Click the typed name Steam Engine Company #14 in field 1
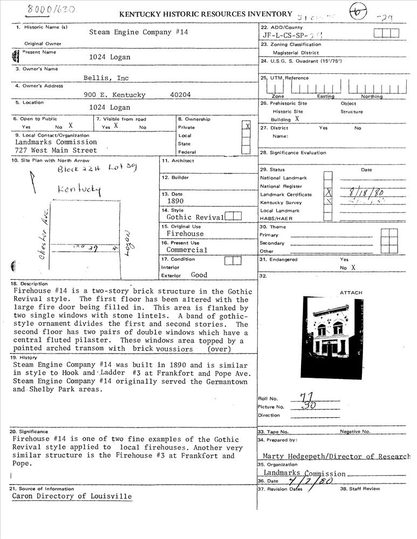[139, 32]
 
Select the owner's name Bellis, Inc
[106, 78]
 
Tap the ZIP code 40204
[180, 95]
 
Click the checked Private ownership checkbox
[247, 127]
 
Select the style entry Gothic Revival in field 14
[195, 217]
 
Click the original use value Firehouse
[185, 234]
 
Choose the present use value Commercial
[187, 250]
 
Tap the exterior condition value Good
[199, 275]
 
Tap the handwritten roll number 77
[308, 397]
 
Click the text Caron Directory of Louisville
[72, 496]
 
